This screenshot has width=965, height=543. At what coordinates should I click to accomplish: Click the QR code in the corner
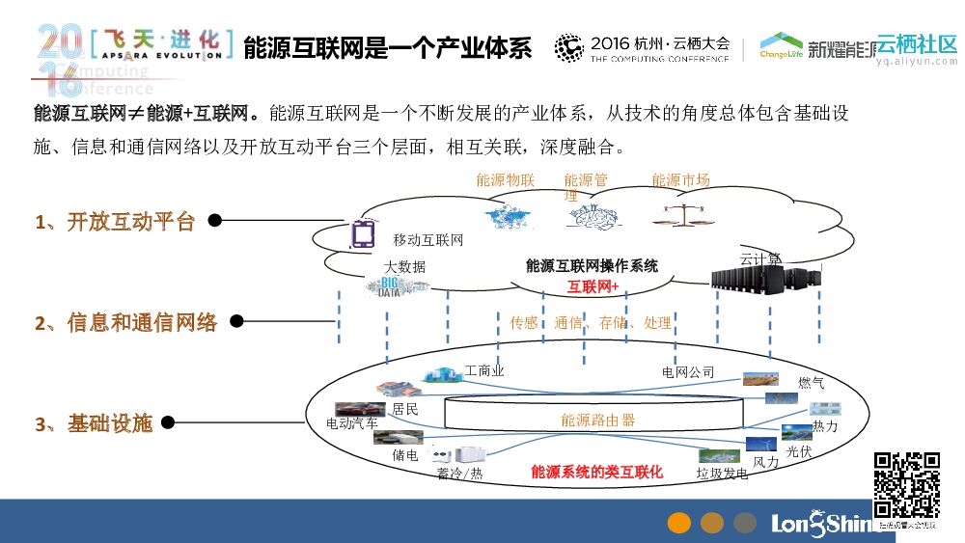click(906, 484)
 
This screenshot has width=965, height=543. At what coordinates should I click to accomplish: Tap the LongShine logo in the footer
click(822, 523)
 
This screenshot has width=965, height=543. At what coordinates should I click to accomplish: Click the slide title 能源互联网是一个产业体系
click(387, 48)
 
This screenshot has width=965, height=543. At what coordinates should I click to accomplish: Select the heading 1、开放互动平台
click(116, 221)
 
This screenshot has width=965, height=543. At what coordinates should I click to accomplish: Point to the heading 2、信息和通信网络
click(126, 322)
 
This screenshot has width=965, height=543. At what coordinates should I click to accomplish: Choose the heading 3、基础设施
click(95, 422)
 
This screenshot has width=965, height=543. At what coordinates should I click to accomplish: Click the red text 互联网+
click(593, 285)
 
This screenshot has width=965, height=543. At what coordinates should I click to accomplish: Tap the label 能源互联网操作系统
click(592, 265)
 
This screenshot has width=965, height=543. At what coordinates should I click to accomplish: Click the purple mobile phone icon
click(362, 234)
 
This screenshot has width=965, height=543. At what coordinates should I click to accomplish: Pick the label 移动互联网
click(428, 240)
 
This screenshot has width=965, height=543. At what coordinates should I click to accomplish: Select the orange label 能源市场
click(680, 180)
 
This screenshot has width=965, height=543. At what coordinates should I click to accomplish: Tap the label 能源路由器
click(598, 420)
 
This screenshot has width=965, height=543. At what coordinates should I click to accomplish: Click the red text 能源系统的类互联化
click(596, 472)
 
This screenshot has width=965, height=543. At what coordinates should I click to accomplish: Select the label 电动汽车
click(352, 422)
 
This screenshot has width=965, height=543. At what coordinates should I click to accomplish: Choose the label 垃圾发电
click(722, 474)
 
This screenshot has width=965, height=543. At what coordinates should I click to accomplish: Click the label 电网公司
click(688, 372)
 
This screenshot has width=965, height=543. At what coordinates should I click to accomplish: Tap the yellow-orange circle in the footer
click(679, 523)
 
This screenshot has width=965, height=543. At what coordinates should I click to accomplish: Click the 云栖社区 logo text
click(917, 44)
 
